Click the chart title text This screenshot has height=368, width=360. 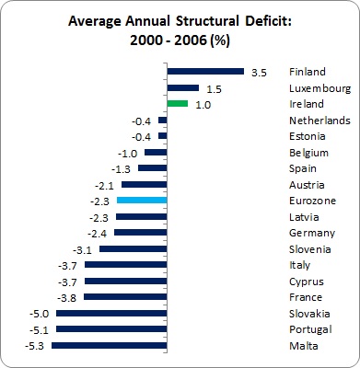[x=180, y=32]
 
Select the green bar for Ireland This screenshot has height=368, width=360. [x=178, y=104]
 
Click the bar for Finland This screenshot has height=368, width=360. [x=205, y=72]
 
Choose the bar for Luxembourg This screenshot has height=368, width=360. [x=183, y=88]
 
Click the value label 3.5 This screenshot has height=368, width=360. [x=258, y=72]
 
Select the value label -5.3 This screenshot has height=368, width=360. [x=38, y=346]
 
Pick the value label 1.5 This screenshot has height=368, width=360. [x=214, y=88]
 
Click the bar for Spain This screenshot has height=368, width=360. [x=153, y=168]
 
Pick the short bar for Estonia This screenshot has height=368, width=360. [x=162, y=136]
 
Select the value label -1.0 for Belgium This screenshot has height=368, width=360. [x=129, y=153]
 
